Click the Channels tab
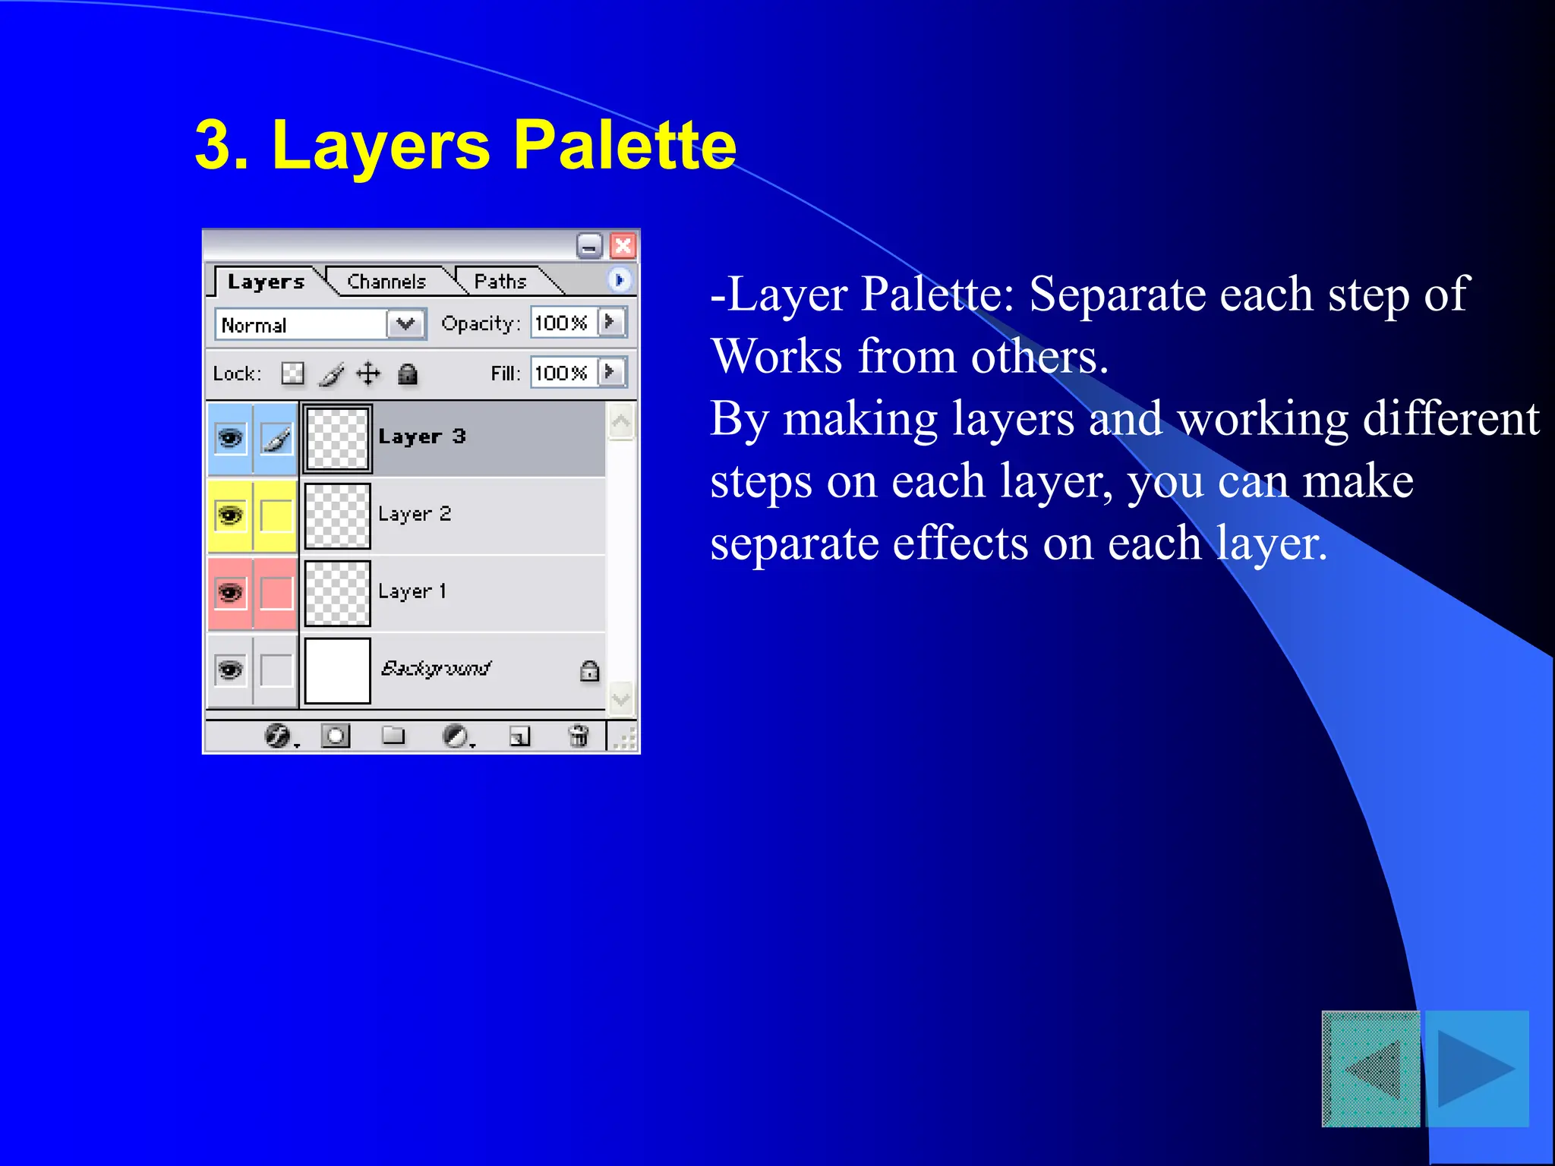pyautogui.click(x=386, y=282)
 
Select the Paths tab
pyautogui.click(x=500, y=282)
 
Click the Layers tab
pyautogui.click(x=266, y=282)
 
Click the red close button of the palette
pyautogui.click(x=623, y=246)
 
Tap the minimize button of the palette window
pyautogui.click(x=589, y=246)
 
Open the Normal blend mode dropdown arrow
pyautogui.click(x=405, y=324)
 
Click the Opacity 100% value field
pyautogui.click(x=562, y=323)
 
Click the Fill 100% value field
pyautogui.click(x=562, y=373)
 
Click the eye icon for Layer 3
pyautogui.click(x=230, y=439)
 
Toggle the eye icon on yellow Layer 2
pyautogui.click(x=230, y=515)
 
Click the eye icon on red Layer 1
pyautogui.click(x=230, y=593)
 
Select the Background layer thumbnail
pyautogui.click(x=337, y=670)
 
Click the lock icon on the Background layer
pyautogui.click(x=589, y=671)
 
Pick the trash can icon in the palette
pyautogui.click(x=578, y=736)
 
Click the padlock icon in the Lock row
pyautogui.click(x=408, y=373)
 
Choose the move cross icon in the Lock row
pyautogui.click(x=368, y=373)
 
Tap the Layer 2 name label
pyautogui.click(x=415, y=514)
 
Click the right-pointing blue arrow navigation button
pyautogui.click(x=1477, y=1068)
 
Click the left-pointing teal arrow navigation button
pyautogui.click(x=1371, y=1068)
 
